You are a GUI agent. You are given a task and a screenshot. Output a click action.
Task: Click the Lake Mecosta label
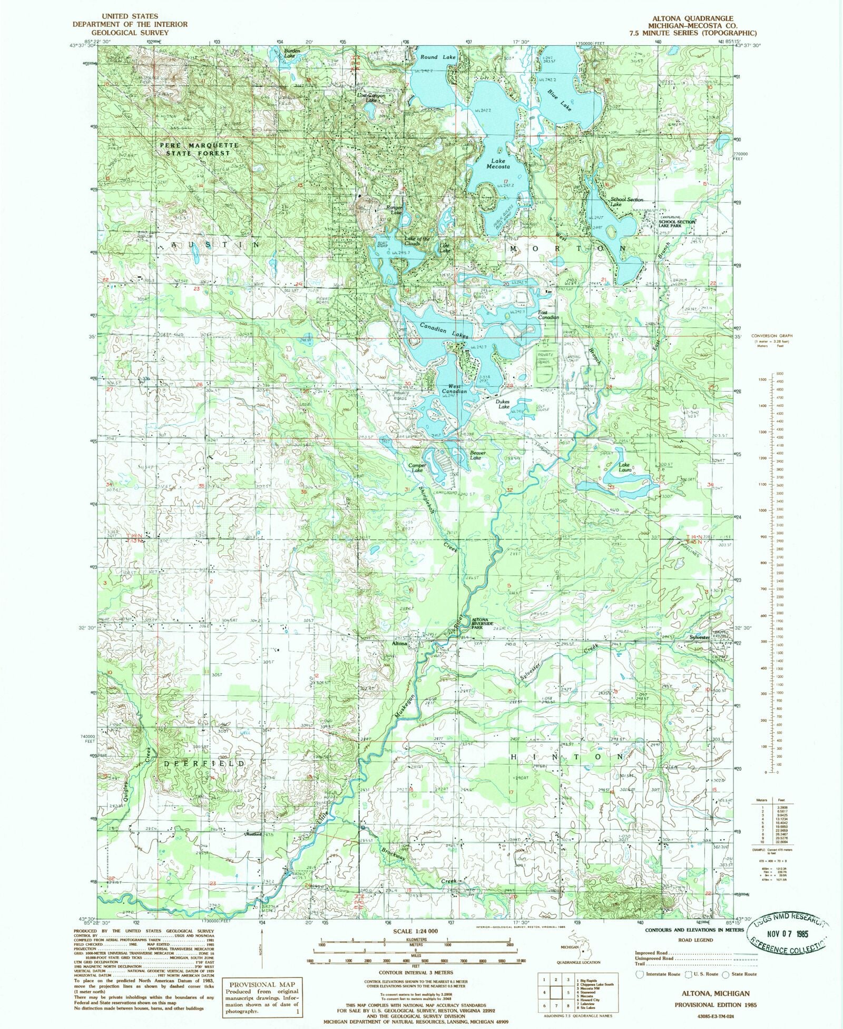(x=498, y=164)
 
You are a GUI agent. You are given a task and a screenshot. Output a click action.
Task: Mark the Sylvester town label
(x=700, y=637)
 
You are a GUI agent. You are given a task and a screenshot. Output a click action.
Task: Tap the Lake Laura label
(x=624, y=467)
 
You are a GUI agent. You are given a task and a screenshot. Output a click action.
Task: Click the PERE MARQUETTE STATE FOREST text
(x=199, y=149)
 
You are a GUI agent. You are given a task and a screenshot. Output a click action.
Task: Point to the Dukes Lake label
(x=504, y=404)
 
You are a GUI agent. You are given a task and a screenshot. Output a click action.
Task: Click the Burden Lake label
(x=292, y=53)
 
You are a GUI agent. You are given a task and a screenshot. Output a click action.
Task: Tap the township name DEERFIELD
(x=203, y=763)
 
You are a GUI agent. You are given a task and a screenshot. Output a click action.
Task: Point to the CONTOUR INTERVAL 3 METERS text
(x=416, y=973)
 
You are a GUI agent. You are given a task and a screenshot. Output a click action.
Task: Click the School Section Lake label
(x=626, y=202)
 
